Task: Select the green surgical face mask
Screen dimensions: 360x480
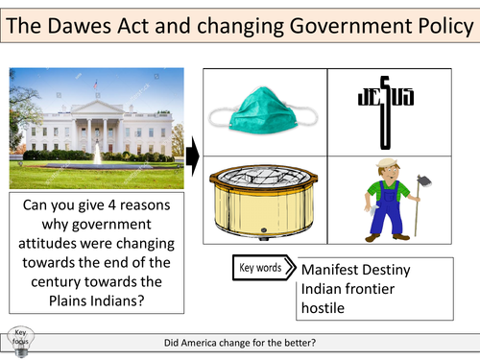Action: tap(265, 111)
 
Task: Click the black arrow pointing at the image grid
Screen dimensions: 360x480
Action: tap(192, 153)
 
